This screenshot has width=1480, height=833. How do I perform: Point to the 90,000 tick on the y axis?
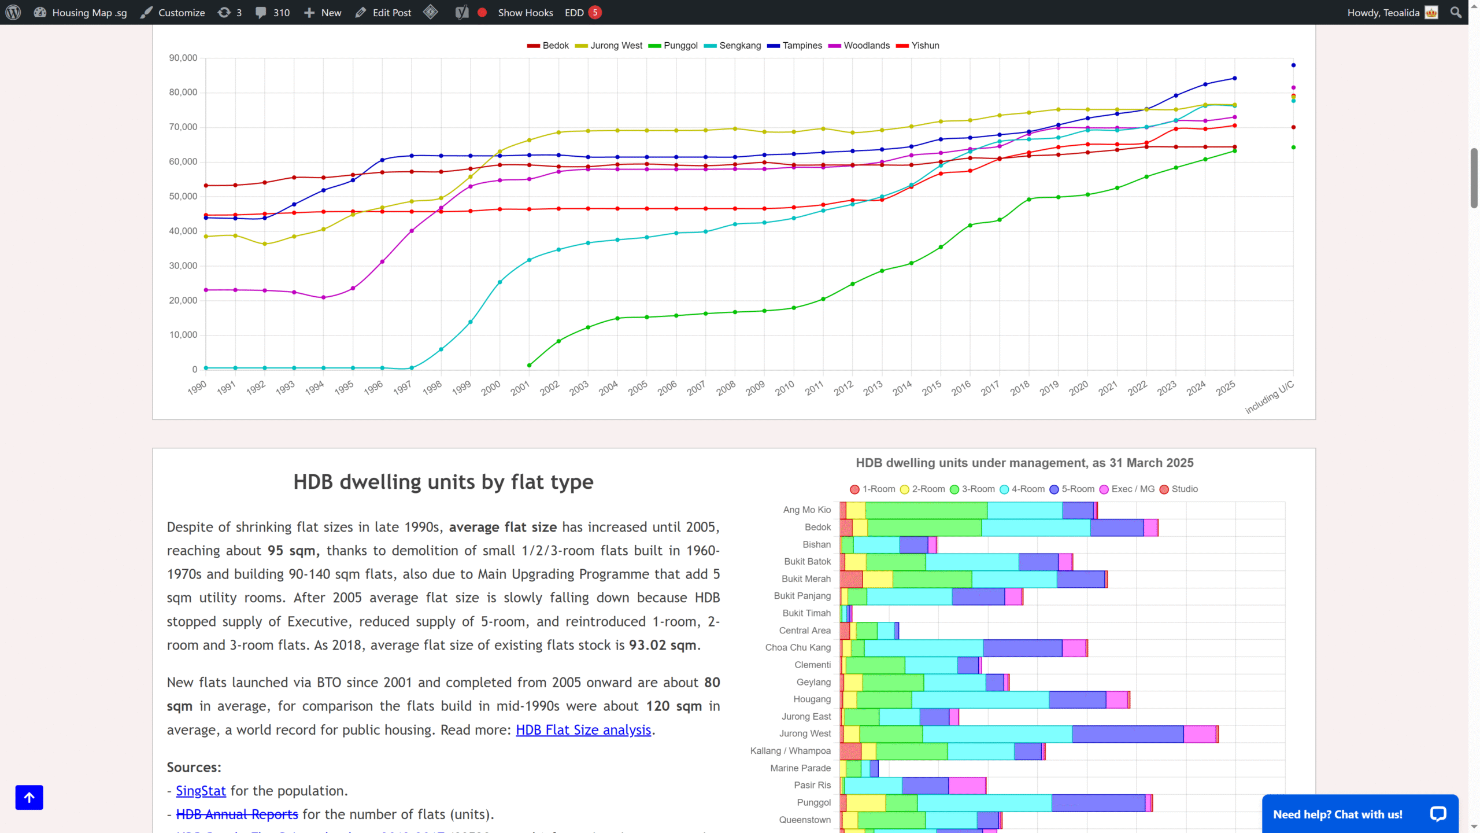coord(183,58)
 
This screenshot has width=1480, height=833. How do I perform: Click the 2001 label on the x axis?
coord(520,388)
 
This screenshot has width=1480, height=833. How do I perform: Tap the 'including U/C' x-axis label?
coord(1270,397)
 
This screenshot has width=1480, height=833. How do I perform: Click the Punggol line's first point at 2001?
coord(529,366)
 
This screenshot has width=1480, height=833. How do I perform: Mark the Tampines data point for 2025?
coord(1234,78)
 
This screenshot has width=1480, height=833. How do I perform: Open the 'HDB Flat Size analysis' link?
coord(583,730)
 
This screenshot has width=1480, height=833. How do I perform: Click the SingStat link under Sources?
coord(201,791)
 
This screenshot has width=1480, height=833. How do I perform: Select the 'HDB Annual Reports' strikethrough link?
coord(237,814)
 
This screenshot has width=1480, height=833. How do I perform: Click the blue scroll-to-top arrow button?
coord(29,798)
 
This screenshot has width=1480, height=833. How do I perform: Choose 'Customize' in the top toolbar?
coord(173,12)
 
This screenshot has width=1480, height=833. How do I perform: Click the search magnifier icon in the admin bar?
coord(1456,12)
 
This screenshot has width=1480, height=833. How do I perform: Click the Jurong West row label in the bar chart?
coord(805,734)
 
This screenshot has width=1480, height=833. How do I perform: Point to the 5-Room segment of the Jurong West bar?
coord(1127,734)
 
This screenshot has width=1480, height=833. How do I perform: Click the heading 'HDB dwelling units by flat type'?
coord(443,482)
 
